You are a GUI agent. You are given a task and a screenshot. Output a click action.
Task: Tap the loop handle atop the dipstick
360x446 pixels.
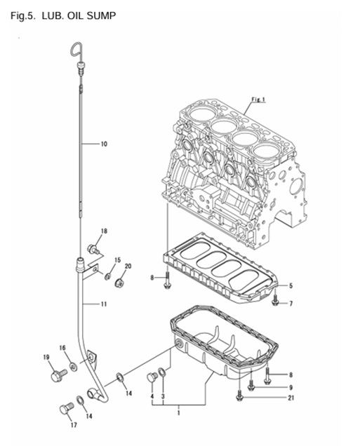coord(76,49)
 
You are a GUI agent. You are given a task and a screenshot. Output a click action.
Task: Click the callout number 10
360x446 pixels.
coord(104,144)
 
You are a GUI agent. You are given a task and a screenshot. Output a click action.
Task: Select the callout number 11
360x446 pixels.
coord(104,304)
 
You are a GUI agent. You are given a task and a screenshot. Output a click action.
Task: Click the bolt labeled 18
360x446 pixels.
coord(92,248)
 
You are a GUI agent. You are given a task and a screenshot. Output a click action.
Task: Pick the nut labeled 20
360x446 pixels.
coord(120,283)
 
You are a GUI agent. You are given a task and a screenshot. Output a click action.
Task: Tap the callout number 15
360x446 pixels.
coord(117,260)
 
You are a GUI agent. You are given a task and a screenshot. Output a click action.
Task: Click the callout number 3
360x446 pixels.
coord(164,396)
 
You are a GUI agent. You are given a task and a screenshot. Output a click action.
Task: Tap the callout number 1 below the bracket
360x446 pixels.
coord(178,414)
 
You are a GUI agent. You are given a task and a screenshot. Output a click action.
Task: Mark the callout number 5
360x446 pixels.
coord(291,285)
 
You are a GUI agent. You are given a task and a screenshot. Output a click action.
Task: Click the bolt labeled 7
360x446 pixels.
coord(276,302)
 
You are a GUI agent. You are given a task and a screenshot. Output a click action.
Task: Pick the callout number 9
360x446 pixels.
coord(291,386)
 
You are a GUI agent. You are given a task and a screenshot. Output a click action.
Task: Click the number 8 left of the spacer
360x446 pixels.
coord(152,278)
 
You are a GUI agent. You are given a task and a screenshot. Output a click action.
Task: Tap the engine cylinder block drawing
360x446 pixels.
coord(232,161)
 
